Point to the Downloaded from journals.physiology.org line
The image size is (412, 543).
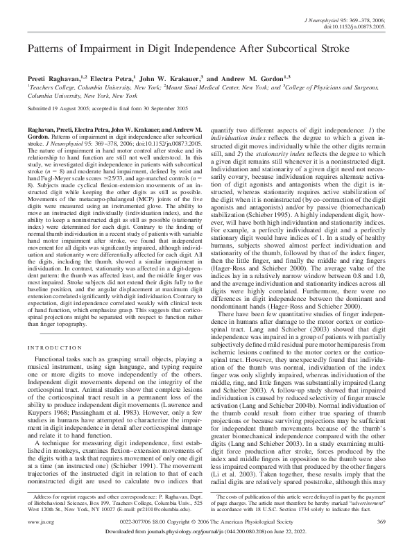click(x=205, y=531)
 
